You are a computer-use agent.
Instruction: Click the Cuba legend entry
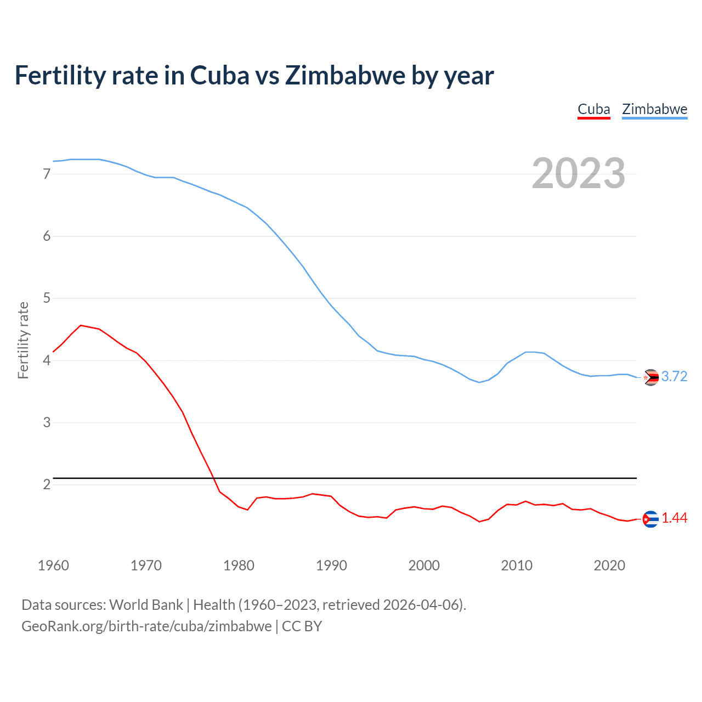[x=594, y=109]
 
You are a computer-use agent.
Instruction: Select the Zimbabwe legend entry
[x=654, y=109]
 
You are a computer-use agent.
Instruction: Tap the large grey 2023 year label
[x=578, y=173]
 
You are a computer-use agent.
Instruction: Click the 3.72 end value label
[x=674, y=376]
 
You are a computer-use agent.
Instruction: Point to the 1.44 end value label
[x=674, y=518]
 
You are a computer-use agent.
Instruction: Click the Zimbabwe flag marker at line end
[x=650, y=377]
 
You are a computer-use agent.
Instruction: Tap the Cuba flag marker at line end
[x=650, y=519]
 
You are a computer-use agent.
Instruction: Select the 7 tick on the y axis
[x=47, y=174]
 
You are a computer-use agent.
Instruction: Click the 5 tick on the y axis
[x=47, y=298]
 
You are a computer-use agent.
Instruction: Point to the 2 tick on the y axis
[x=47, y=484]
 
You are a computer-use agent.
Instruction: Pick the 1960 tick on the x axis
[x=53, y=565]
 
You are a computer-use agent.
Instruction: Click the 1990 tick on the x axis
[x=331, y=565]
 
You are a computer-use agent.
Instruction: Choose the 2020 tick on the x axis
[x=609, y=565]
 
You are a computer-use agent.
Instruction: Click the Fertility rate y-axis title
[x=23, y=340]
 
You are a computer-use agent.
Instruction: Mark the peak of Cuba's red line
[x=81, y=325]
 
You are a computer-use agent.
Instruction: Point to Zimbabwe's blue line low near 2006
[x=479, y=382]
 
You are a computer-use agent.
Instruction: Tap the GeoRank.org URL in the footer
[x=146, y=626]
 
